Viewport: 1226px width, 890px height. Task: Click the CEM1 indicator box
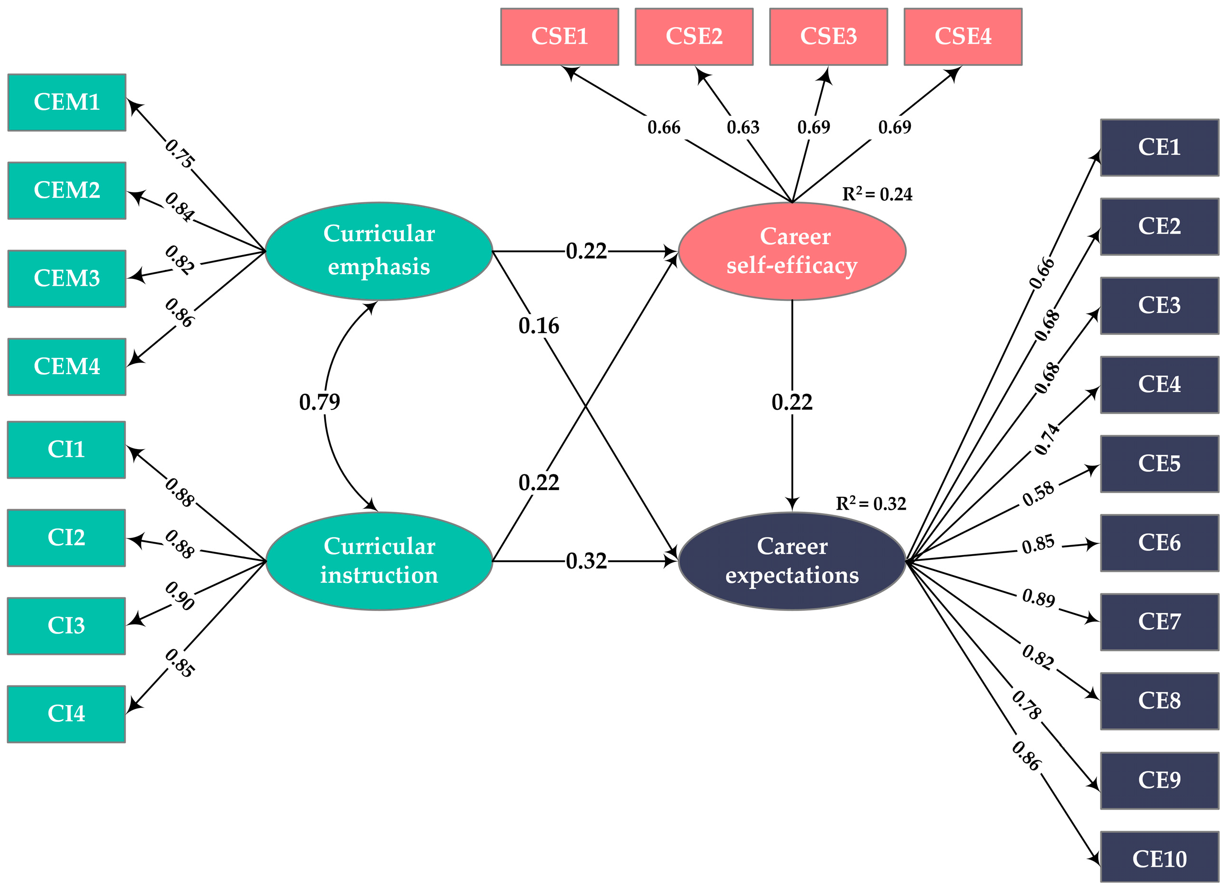[66, 102]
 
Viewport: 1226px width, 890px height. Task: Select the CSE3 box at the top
[828, 36]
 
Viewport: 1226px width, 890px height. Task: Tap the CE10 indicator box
[1159, 858]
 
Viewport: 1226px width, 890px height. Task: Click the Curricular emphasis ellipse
[379, 251]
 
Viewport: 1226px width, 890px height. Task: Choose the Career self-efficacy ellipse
[792, 251]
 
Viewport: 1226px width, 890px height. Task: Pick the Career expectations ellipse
[792, 561]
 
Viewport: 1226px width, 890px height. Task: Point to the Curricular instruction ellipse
[379, 561]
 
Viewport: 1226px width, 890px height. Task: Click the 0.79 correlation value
[319, 402]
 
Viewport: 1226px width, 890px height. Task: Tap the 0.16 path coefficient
[539, 326]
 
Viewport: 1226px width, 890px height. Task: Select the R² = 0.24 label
[877, 193]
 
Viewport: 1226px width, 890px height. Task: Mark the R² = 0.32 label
[870, 503]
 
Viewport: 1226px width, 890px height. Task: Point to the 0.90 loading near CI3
[180, 596]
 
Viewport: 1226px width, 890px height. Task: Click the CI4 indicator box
[66, 714]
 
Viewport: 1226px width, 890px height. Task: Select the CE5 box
[1159, 464]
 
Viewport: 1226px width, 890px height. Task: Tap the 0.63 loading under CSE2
[743, 127]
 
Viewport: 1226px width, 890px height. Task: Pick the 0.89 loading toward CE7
[1038, 598]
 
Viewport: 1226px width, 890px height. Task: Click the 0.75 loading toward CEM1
[180, 153]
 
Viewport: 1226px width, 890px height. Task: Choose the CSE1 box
[559, 36]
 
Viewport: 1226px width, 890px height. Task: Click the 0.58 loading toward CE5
[1038, 493]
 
